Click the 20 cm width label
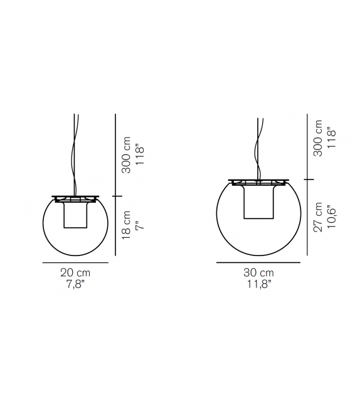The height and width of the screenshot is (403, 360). click(75, 272)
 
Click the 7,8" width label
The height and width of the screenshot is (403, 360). click(75, 284)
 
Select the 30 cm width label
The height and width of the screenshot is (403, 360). click(258, 272)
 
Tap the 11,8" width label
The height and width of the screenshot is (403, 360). click(258, 284)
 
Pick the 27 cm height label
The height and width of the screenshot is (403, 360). click(319, 217)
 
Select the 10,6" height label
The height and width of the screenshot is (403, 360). click(332, 217)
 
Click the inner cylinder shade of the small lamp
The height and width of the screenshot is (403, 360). click(75, 217)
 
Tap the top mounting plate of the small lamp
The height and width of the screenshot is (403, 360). click(75, 196)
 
